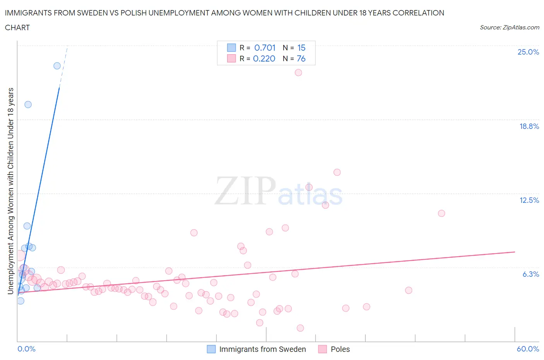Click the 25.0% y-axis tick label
coord(528,52)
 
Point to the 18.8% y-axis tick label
coord(529,126)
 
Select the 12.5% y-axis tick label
coord(529,200)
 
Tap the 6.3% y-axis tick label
coord(530,274)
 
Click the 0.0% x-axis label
coord(26,349)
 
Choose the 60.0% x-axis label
coord(528,349)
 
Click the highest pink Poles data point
coord(298,72)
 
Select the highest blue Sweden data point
coord(57,66)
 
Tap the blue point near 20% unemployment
coord(28,105)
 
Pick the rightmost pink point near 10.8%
coord(441,213)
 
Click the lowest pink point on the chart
coord(300,328)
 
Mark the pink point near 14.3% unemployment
coord(337,172)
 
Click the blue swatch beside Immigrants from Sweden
coord(211,349)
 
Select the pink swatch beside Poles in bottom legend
coord(322,349)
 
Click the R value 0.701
coord(265,48)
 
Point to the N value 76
coord(301,58)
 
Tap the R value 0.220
coord(264,58)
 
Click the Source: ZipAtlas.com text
coord(509,27)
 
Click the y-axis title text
coord(11,191)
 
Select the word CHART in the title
coord(17,27)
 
